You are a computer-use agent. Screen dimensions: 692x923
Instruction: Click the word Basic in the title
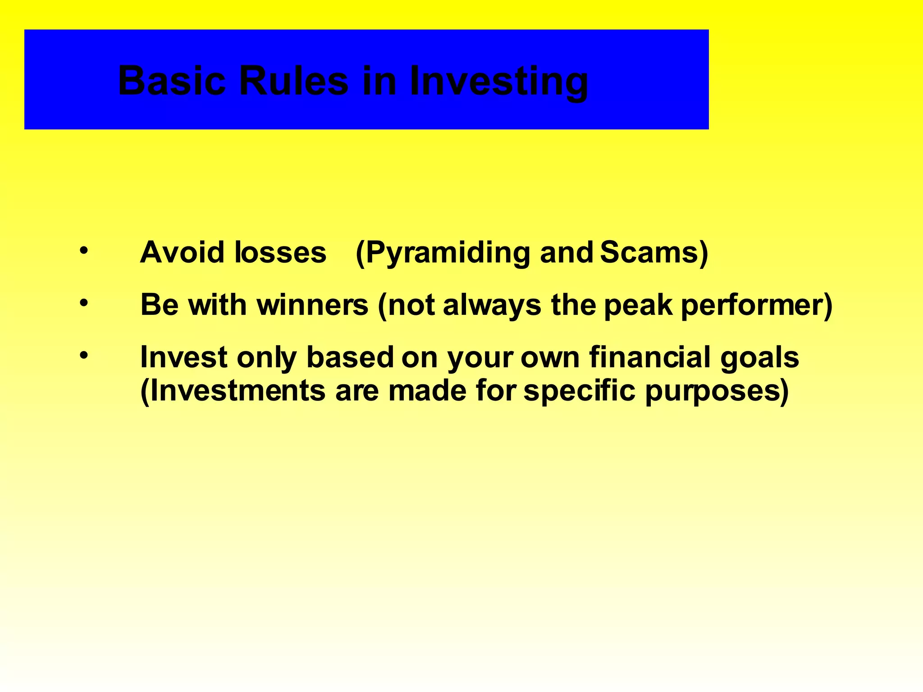(171, 81)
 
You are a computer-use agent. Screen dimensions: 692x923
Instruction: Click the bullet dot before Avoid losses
(83, 250)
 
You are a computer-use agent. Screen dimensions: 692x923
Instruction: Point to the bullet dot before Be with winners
(83, 303)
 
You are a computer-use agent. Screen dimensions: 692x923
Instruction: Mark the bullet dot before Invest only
(83, 355)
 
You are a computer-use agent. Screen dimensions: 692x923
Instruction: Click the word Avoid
(183, 252)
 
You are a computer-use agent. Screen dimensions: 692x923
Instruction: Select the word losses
(280, 252)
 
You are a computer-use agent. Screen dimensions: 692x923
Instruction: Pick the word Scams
(649, 252)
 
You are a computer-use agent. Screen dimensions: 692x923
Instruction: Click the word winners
(312, 305)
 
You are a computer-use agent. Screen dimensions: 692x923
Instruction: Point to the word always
(492, 305)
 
